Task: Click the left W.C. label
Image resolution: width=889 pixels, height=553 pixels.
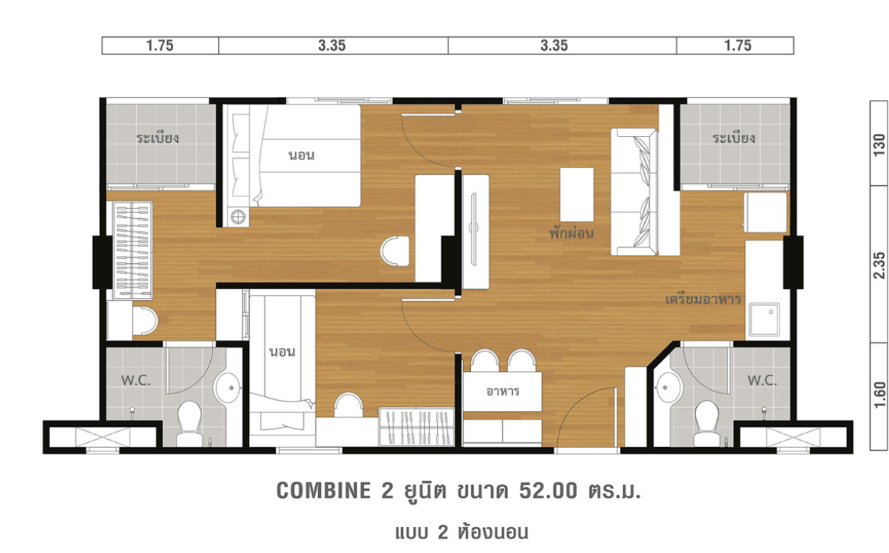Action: tap(135, 381)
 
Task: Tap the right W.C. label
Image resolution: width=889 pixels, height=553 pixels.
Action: tap(762, 381)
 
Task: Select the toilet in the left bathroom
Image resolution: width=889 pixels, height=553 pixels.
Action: tap(189, 423)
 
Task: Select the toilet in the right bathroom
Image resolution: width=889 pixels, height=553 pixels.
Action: tap(706, 423)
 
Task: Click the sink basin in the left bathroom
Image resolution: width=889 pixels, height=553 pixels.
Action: tap(227, 387)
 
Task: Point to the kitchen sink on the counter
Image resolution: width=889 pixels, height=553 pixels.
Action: tap(764, 320)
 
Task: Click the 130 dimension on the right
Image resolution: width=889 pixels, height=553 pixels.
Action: tap(879, 145)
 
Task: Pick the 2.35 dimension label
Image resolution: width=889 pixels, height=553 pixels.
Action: tap(879, 265)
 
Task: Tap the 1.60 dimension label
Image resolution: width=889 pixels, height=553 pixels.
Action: tap(879, 394)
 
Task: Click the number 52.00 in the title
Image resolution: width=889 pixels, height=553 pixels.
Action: tap(548, 491)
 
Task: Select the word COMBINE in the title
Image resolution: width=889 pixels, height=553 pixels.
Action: tap(323, 491)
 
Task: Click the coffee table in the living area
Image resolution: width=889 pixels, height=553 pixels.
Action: tap(577, 194)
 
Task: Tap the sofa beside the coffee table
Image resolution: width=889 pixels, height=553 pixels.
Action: tap(634, 192)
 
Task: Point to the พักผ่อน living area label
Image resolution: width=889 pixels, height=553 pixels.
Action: tap(572, 233)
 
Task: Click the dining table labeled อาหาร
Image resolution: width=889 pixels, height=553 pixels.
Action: tap(502, 391)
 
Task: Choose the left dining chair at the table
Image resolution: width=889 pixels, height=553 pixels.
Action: tap(485, 360)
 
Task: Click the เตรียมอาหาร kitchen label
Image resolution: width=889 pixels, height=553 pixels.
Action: tap(703, 299)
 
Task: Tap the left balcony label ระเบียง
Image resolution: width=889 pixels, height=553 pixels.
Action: tap(157, 138)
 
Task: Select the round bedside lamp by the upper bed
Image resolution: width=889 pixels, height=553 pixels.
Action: tap(238, 217)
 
